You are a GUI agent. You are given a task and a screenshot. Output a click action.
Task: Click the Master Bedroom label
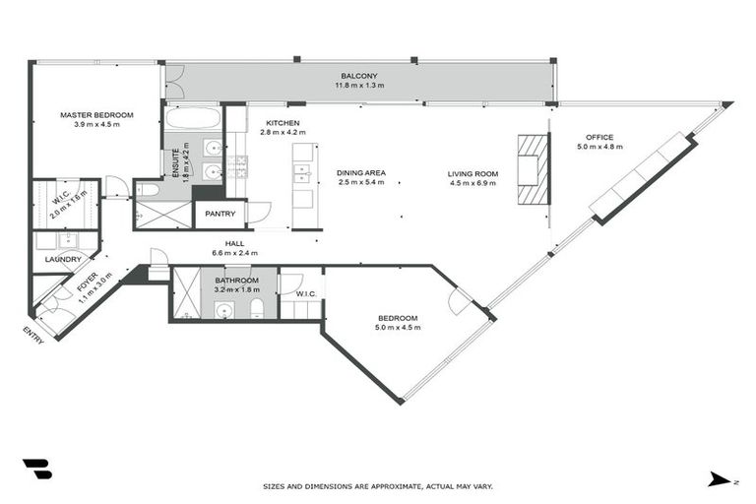(95, 115)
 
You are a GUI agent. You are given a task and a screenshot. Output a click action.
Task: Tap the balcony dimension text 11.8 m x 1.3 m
(358, 87)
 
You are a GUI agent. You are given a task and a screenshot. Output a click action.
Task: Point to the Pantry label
(220, 214)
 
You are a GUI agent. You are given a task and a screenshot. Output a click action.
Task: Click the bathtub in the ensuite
(193, 119)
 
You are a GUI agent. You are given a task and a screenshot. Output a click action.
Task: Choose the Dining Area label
(361, 173)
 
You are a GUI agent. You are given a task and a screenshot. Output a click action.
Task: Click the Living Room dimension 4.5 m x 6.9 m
(473, 183)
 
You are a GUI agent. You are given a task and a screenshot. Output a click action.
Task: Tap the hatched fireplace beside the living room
(529, 168)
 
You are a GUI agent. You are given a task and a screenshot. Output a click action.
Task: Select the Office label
(599, 137)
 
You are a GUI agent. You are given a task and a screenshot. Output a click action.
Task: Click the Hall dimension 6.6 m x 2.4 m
(233, 253)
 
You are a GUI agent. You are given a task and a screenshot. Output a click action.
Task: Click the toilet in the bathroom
(257, 310)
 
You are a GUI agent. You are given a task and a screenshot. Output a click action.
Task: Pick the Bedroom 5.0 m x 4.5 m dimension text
(399, 328)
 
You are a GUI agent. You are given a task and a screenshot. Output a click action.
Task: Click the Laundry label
(63, 260)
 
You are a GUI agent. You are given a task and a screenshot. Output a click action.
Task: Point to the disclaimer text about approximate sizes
(378, 486)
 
